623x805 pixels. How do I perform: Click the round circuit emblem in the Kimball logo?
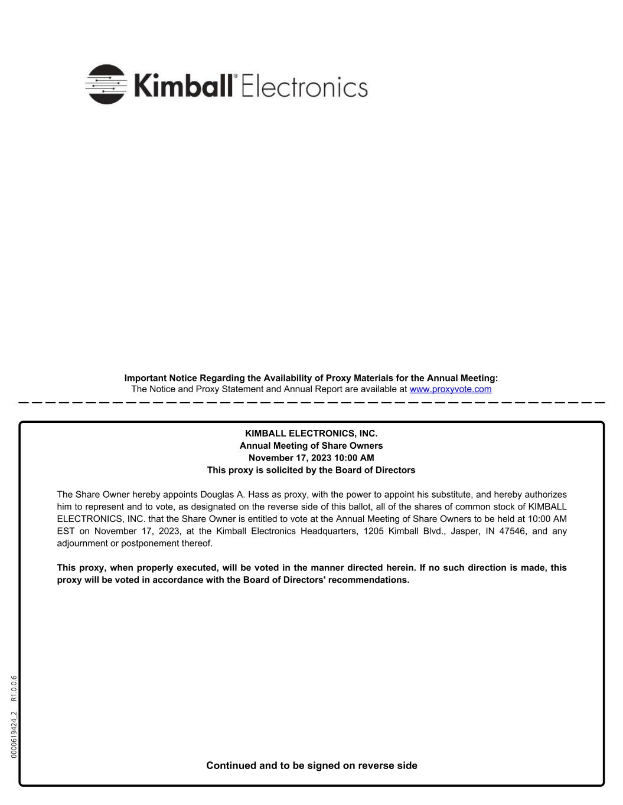(106, 84)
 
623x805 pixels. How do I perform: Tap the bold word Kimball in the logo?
(184, 86)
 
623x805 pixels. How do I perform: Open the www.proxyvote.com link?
(450, 389)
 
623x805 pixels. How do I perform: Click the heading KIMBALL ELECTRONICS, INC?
(311, 433)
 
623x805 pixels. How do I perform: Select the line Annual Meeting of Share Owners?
(311, 446)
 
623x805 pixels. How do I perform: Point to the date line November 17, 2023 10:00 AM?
(311, 458)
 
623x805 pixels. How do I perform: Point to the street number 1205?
(373, 531)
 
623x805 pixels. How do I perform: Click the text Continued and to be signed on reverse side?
(311, 765)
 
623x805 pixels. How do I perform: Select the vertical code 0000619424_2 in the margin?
(15, 735)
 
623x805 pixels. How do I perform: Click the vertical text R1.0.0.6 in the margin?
(15, 688)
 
